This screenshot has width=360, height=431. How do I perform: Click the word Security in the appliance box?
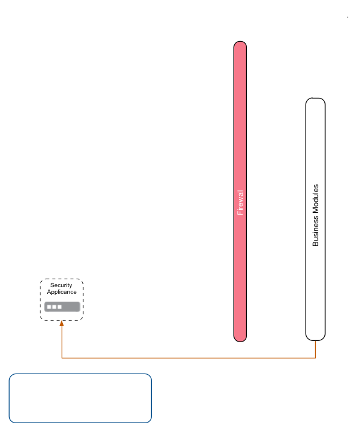(x=61, y=285)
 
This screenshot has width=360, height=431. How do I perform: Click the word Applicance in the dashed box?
(x=62, y=292)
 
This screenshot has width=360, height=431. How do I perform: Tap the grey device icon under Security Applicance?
(x=62, y=306)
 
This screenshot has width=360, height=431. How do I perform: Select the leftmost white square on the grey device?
(x=49, y=307)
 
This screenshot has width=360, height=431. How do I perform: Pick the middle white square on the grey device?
(x=54, y=307)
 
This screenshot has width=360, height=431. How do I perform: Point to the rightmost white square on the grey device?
(x=60, y=307)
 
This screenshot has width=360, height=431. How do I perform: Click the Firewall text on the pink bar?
(x=240, y=202)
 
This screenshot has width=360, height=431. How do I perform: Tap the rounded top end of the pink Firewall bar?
(x=240, y=45)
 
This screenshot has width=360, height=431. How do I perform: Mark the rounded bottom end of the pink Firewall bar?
(x=240, y=338)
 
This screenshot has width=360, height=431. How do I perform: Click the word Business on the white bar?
(x=315, y=232)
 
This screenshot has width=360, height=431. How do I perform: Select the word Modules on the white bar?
(x=315, y=200)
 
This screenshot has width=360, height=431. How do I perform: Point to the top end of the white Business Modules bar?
(x=315, y=102)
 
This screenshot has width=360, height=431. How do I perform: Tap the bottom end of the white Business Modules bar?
(x=315, y=336)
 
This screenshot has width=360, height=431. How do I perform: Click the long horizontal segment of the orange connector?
(x=188, y=358)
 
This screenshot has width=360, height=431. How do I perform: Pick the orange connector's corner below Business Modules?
(x=315, y=358)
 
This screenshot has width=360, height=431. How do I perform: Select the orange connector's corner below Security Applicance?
(x=62, y=358)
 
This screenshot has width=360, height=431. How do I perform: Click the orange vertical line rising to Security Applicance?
(x=62, y=342)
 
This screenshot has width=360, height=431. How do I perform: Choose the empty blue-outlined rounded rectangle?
(x=80, y=398)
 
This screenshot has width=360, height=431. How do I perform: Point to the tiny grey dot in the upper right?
(x=347, y=17)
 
